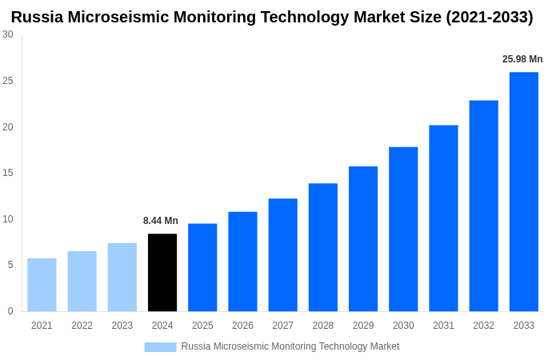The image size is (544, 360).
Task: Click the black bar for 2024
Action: pyautogui.click(x=162, y=273)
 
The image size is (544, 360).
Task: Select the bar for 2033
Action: pyautogui.click(x=523, y=192)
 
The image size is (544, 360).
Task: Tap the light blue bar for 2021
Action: pyautogui.click(x=42, y=285)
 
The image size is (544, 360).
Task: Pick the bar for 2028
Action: pyautogui.click(x=322, y=247)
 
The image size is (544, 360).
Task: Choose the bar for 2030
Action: pyautogui.click(x=403, y=229)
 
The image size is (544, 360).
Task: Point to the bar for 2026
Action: pyautogui.click(x=242, y=262)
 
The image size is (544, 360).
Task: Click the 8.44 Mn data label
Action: pyautogui.click(x=161, y=221)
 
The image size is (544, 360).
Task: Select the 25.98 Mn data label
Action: pyautogui.click(x=522, y=59)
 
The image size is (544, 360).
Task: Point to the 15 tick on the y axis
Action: pyautogui.click(x=7, y=173)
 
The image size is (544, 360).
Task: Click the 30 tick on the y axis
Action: pyautogui.click(x=7, y=34)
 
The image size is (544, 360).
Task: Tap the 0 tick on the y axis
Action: pyautogui.click(x=10, y=311)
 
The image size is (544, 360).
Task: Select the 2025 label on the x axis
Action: pyautogui.click(x=202, y=326)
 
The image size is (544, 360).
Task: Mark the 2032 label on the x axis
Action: pyautogui.click(x=483, y=326)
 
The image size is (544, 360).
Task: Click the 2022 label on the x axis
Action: pyautogui.click(x=82, y=326)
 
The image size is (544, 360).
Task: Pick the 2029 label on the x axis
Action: pyautogui.click(x=363, y=326)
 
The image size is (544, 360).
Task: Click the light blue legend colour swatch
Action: pyautogui.click(x=160, y=346)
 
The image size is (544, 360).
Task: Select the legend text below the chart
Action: pyautogui.click(x=290, y=346)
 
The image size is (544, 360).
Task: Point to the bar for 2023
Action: pyautogui.click(x=122, y=278)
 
